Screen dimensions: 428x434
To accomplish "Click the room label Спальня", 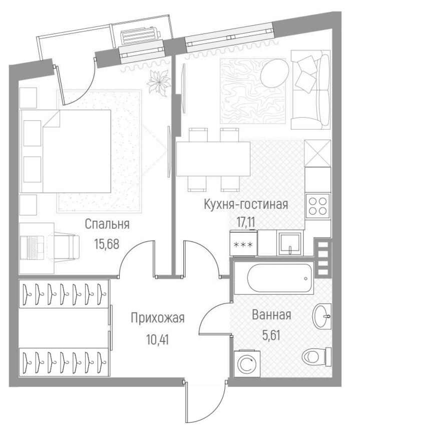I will [107, 224].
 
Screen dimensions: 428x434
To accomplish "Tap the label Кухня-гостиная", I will [246, 205].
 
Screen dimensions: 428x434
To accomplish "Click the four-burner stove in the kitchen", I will [318, 205].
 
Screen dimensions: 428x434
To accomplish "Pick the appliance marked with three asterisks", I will [244, 244].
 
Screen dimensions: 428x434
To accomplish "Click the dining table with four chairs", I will [213, 159].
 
